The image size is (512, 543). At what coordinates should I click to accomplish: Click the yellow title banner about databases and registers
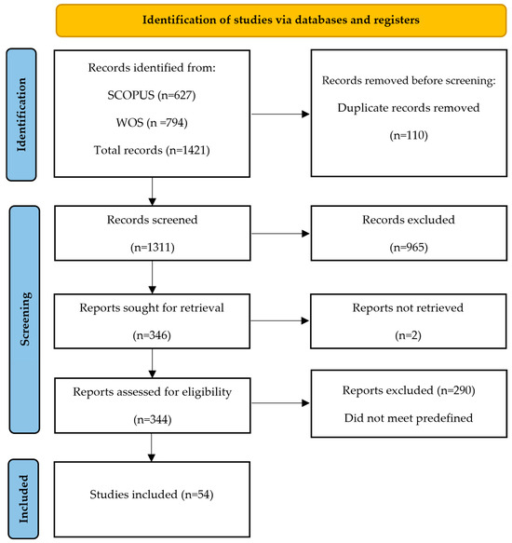(x=281, y=20)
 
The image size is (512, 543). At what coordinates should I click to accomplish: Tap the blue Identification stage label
(x=21, y=115)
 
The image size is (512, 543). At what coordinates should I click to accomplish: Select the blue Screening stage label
(x=24, y=319)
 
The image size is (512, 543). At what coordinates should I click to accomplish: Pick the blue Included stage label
(x=23, y=498)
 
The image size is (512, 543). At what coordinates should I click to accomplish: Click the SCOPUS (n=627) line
(x=152, y=95)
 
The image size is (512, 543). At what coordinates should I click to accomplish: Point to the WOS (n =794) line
(x=152, y=123)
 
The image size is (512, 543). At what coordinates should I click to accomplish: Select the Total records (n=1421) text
(x=152, y=150)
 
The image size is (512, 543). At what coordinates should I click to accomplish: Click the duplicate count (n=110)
(x=409, y=135)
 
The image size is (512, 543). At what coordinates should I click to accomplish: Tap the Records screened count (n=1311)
(x=153, y=247)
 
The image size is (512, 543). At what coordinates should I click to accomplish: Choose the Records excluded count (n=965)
(x=409, y=247)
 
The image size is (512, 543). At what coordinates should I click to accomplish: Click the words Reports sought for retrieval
(x=152, y=308)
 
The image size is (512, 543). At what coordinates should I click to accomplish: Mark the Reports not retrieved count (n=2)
(x=408, y=335)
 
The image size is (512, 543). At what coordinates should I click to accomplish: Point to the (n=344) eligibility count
(x=153, y=420)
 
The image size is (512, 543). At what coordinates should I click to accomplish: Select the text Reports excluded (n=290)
(x=409, y=390)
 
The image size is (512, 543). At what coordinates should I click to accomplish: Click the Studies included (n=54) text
(x=152, y=495)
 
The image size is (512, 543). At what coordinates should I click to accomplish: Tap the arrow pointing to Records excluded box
(x=280, y=234)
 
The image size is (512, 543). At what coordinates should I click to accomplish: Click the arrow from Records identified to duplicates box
(x=280, y=114)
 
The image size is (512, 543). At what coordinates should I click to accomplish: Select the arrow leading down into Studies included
(x=152, y=447)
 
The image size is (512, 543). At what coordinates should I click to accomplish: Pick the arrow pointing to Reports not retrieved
(x=279, y=321)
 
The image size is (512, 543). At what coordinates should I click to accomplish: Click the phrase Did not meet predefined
(x=409, y=418)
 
